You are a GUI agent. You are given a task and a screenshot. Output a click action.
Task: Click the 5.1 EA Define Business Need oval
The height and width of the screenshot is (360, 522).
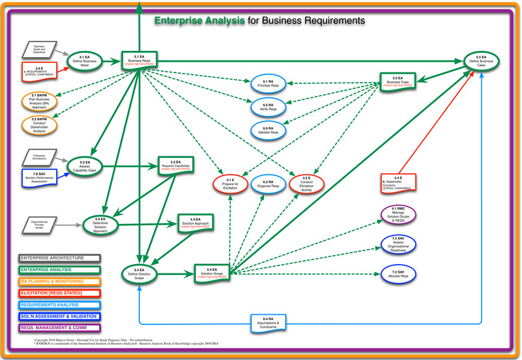tap(85, 61)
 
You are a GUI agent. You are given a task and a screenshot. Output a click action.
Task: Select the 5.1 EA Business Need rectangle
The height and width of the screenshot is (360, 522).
tap(139, 61)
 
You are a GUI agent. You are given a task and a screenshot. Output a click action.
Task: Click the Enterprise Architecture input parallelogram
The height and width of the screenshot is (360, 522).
tap(39, 156)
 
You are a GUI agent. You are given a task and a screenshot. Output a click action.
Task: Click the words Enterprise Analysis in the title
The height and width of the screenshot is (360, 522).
tap(200, 20)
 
